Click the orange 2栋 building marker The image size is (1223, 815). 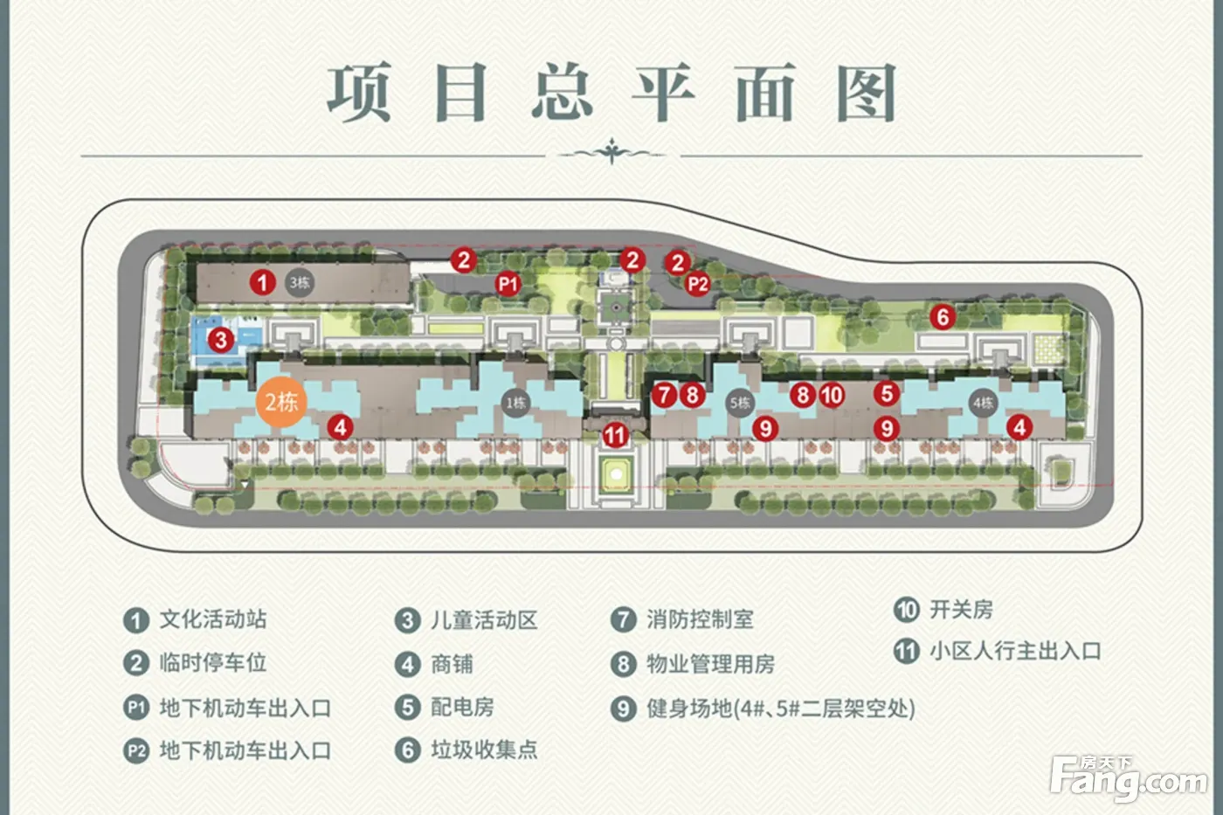281,401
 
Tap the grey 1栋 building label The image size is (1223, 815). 515,403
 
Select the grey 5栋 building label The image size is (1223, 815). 740,403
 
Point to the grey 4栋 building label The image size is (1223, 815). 983,403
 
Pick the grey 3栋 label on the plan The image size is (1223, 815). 299,282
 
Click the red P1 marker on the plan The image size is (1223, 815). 508,283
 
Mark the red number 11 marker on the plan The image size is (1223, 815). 616,434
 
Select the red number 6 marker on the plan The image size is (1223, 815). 942,316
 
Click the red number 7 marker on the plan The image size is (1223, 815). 665,395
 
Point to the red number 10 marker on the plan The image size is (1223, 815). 832,395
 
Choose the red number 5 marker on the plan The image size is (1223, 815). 887,393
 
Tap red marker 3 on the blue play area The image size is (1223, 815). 221,339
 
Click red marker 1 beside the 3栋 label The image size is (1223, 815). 262,282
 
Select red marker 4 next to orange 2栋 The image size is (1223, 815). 340,427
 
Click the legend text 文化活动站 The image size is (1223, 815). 212,619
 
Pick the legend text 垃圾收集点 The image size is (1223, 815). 484,749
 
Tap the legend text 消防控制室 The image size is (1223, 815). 700,619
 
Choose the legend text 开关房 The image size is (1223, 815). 961,609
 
